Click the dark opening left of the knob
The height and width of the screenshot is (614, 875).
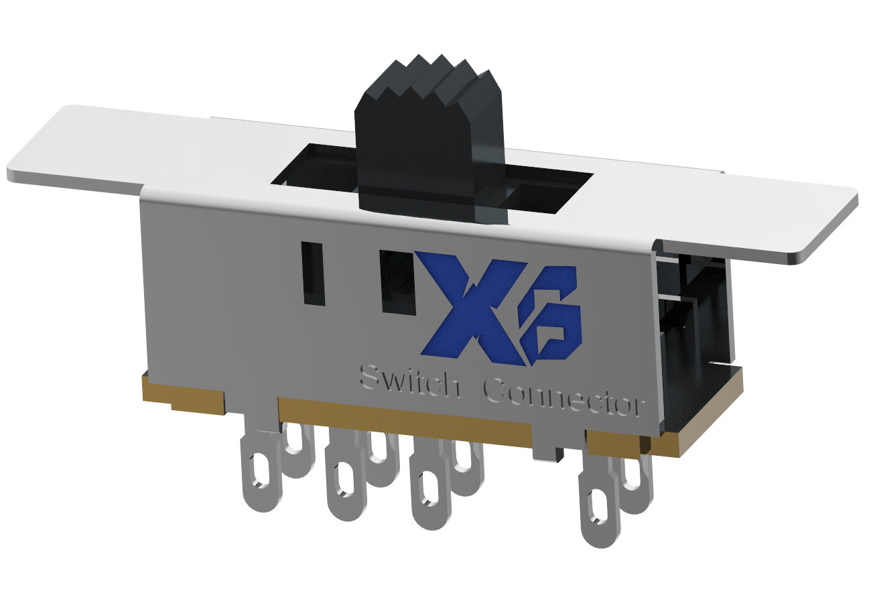click(315, 168)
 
